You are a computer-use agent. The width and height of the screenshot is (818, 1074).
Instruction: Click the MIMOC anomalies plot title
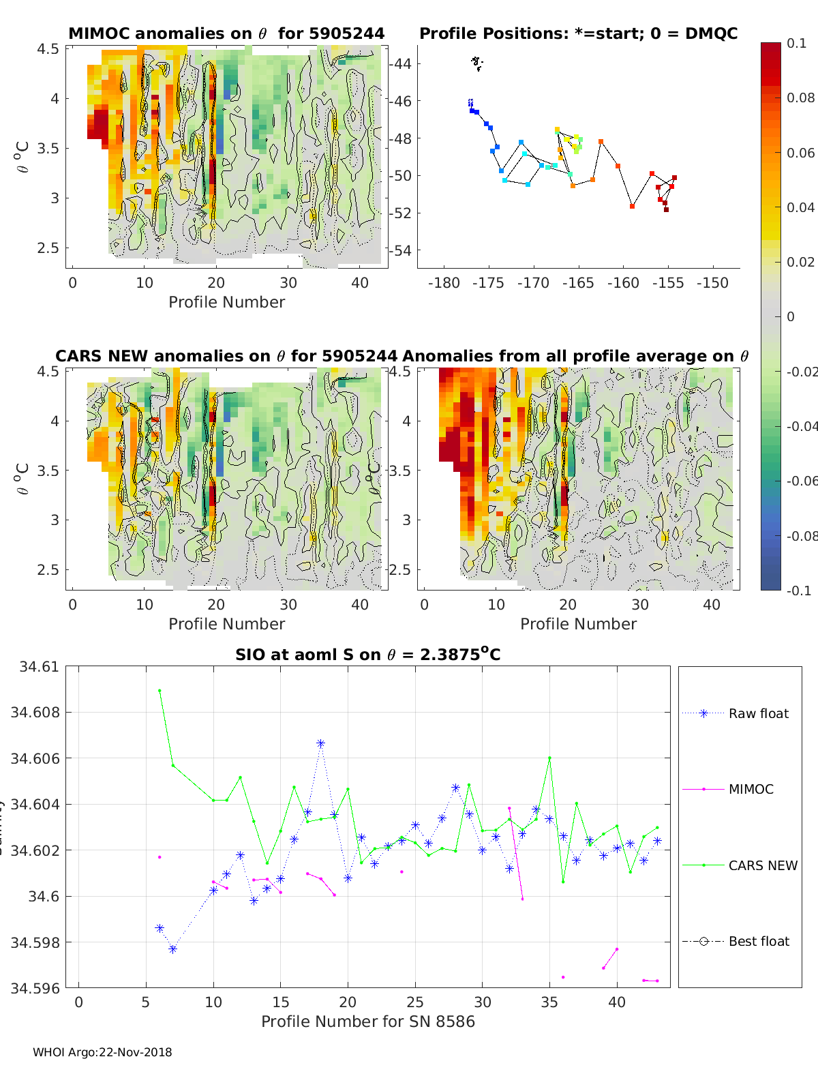click(226, 33)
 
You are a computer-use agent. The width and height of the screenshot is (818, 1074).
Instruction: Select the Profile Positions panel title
click(578, 33)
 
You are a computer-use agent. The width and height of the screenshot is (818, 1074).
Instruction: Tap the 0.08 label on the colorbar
click(800, 98)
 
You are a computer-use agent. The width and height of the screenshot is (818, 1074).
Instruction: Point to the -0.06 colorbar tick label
click(800, 481)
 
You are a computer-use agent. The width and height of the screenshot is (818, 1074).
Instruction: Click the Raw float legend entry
click(758, 713)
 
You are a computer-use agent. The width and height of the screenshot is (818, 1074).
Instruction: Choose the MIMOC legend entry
click(751, 789)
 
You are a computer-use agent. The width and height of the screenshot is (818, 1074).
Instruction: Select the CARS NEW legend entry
click(762, 865)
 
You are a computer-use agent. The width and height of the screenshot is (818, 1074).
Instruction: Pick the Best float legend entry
click(758, 941)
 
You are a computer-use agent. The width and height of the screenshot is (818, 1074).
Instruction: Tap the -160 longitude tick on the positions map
click(623, 283)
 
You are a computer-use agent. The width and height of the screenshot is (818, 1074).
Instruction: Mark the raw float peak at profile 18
click(320, 743)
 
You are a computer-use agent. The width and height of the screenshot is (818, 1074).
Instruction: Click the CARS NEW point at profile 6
click(160, 691)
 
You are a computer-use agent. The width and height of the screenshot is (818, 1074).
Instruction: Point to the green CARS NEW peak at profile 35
click(549, 758)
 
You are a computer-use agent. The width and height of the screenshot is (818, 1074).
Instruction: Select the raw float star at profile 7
click(173, 949)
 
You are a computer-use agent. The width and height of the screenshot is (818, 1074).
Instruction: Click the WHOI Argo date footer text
click(102, 1052)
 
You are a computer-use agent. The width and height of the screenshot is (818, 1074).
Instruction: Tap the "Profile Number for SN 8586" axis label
click(367, 1021)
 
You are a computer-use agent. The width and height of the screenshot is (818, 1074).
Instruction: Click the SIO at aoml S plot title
click(367, 655)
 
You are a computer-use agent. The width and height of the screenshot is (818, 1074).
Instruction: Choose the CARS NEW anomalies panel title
click(226, 356)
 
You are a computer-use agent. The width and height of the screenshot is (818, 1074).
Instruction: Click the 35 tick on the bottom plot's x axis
click(549, 1002)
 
